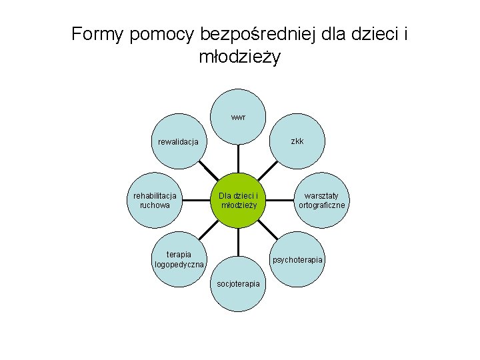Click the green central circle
(238, 201)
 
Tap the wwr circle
(238, 117)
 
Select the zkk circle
(297, 141)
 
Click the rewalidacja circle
(178, 142)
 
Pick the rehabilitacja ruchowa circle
(155, 201)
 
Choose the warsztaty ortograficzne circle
(322, 201)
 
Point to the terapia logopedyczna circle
(179, 259)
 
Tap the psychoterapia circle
(297, 259)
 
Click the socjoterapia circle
(238, 283)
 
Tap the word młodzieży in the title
(240, 57)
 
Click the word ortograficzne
(322, 205)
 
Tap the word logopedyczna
(179, 265)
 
